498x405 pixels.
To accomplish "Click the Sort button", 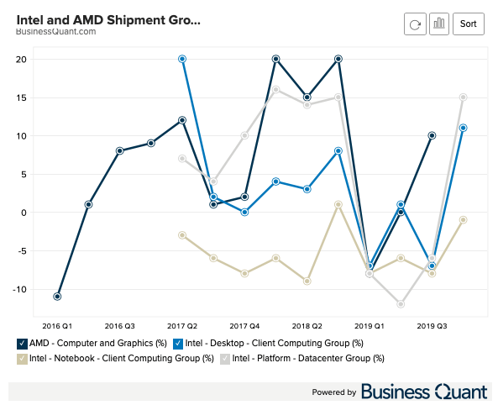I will click(x=468, y=24).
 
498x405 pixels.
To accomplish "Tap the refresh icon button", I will click(x=415, y=24).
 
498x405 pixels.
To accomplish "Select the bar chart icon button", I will click(x=438, y=24).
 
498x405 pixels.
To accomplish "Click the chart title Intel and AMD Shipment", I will click(x=108, y=18).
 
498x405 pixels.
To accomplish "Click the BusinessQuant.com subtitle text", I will click(x=55, y=31).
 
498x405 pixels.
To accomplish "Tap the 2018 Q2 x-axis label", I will click(x=307, y=323).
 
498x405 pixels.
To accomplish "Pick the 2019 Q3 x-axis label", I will click(x=432, y=323).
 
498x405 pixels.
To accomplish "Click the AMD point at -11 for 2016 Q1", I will click(x=57, y=297).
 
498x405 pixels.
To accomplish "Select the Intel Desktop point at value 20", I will click(x=182, y=59).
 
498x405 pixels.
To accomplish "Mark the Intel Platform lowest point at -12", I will click(x=401, y=304).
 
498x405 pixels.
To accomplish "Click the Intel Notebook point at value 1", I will click(x=338, y=204).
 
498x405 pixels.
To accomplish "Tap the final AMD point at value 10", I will click(x=432, y=135).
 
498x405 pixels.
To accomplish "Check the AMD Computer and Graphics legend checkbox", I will click(x=21, y=343).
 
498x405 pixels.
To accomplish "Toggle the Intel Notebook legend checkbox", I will click(x=21, y=359).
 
